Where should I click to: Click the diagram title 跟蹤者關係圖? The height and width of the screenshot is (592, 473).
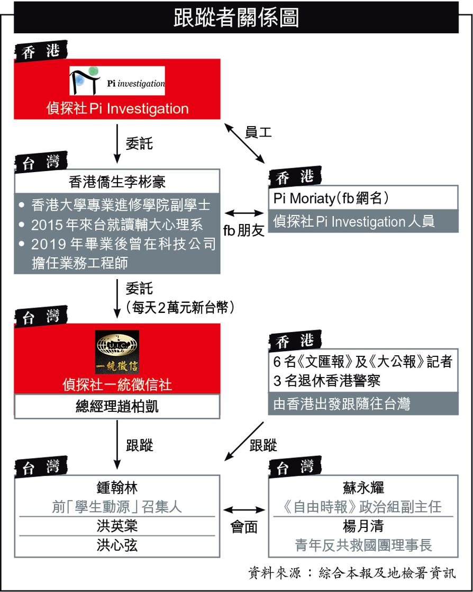[236, 17]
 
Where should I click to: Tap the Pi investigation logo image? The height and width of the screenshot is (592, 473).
[117, 80]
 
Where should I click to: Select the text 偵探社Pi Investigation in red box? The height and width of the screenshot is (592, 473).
[117, 109]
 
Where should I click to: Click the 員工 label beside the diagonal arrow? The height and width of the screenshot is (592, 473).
[258, 132]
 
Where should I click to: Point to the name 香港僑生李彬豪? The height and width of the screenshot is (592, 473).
[117, 182]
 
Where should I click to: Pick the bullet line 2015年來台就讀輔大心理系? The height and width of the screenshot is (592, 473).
[116, 225]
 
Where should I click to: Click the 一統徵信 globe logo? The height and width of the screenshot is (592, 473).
[117, 352]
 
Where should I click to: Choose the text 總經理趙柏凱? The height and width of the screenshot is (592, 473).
[117, 407]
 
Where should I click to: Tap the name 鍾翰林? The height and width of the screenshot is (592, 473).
[117, 487]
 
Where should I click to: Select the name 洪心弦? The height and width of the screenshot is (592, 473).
[117, 545]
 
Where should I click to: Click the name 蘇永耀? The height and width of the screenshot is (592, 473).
[363, 487]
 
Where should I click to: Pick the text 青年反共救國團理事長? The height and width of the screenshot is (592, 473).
[363, 545]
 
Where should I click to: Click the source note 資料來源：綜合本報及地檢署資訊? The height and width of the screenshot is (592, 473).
[352, 573]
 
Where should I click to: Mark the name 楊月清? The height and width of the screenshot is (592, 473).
[363, 526]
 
